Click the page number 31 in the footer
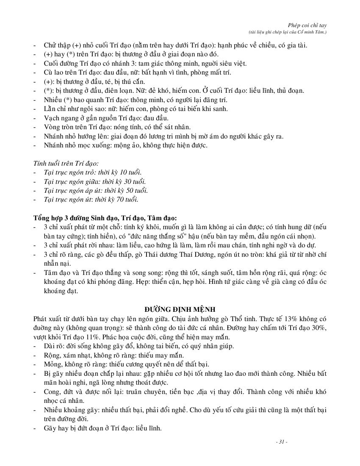281,442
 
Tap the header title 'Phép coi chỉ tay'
310,25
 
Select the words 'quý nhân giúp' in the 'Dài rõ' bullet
213,346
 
